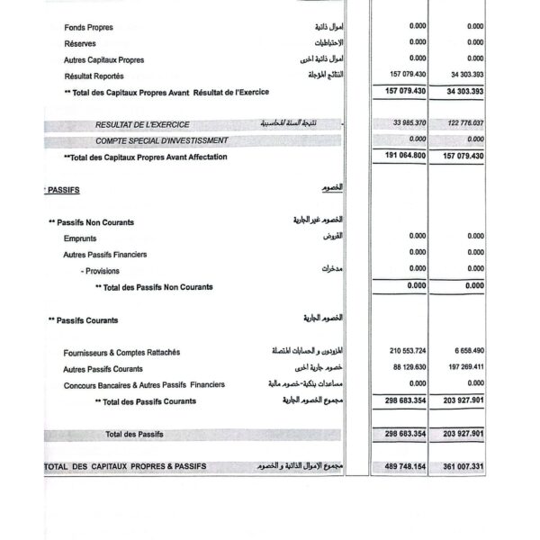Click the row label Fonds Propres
88,27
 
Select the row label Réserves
80,43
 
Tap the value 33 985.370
409,123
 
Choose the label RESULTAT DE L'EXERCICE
139,124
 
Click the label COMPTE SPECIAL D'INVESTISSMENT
162,140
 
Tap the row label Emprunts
80,238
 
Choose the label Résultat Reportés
94,76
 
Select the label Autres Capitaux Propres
103,59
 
